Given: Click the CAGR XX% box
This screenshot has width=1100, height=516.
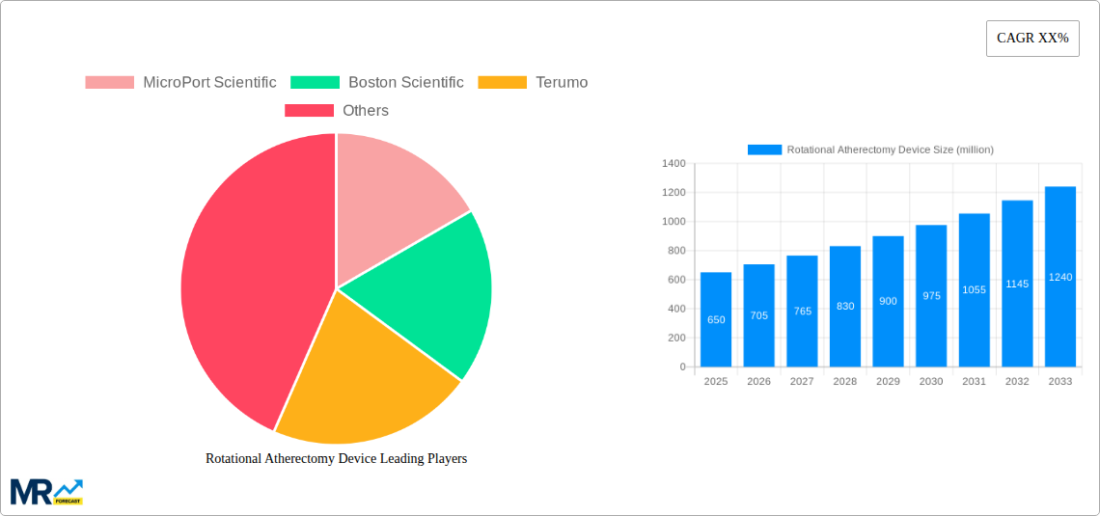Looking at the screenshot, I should point(1031,39).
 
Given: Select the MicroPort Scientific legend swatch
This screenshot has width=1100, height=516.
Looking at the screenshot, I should point(110,83).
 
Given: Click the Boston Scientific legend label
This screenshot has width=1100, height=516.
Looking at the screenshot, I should point(405,83).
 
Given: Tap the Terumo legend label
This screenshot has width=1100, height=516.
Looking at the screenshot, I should point(562,83).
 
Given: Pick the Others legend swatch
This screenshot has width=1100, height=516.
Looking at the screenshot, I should point(309,111).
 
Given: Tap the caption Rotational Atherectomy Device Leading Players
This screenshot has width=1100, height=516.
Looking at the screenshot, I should point(336,459).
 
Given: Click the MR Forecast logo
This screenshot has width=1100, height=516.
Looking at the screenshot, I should point(46,491).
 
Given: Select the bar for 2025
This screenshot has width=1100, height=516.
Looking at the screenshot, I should point(716,319).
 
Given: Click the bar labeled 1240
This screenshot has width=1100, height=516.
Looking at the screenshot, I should point(1059,277).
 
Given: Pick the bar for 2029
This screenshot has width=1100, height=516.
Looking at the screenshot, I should point(888,301).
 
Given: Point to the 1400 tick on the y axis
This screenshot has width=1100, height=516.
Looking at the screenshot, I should point(673,164).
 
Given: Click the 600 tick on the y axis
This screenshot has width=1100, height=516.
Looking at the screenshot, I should point(674,280).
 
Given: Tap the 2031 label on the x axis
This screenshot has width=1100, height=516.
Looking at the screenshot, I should point(974,382).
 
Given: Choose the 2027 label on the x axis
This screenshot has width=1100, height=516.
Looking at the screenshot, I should point(802,382).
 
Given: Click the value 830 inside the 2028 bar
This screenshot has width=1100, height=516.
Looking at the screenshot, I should point(845,306).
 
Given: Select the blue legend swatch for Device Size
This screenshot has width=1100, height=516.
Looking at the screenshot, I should point(764,149).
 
